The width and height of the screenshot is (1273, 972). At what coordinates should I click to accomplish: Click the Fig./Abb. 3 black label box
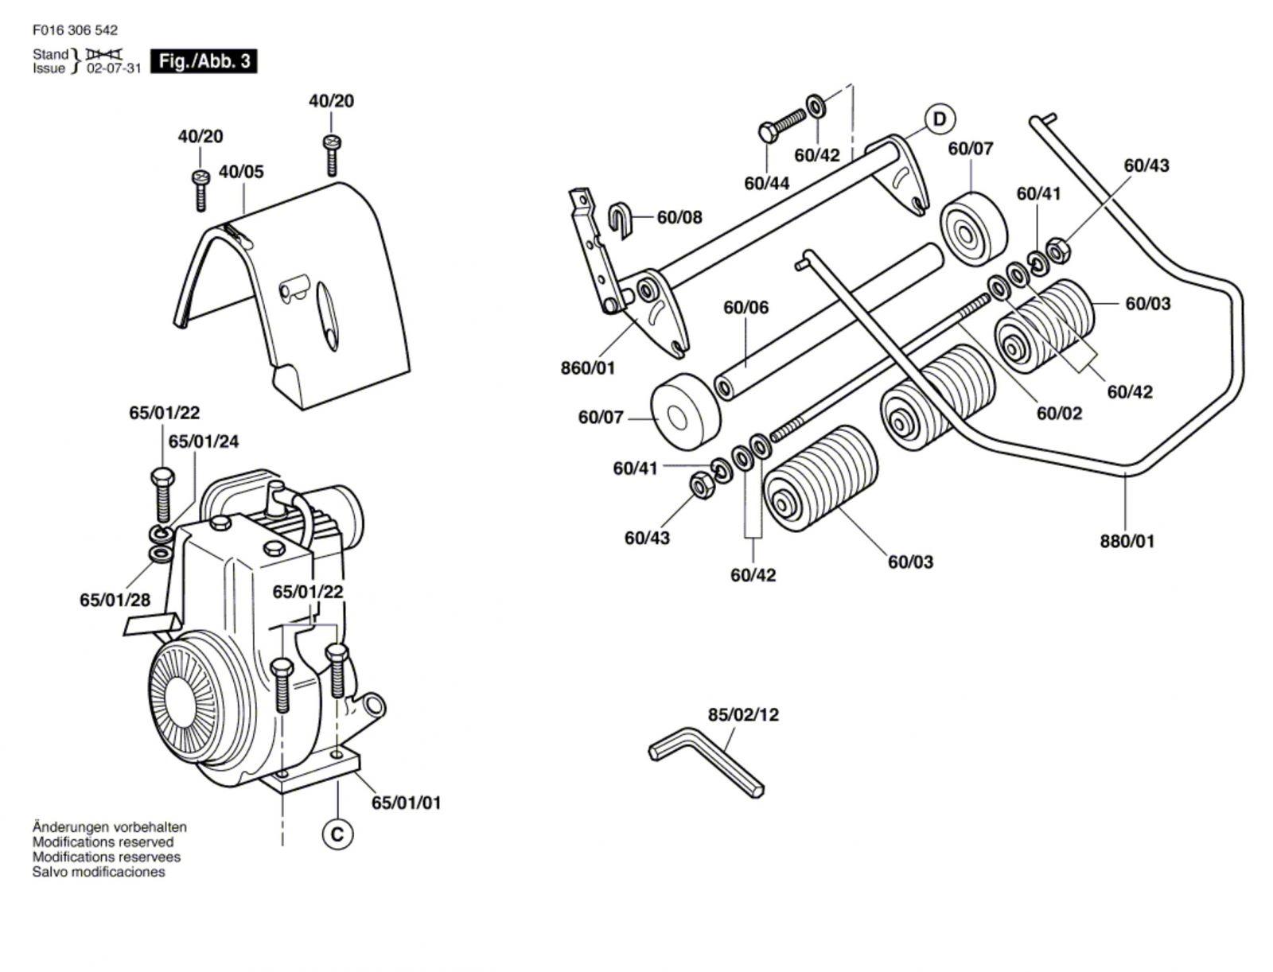click(204, 61)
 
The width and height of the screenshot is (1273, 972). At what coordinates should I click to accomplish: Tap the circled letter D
click(940, 119)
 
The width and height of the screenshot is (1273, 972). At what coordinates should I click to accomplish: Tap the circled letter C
click(337, 834)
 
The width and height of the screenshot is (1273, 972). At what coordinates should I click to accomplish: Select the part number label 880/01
click(1127, 541)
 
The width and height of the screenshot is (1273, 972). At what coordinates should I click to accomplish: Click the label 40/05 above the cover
click(241, 172)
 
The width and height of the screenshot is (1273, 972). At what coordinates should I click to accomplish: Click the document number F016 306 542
click(75, 30)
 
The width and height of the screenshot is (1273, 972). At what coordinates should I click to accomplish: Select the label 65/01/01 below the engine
click(406, 803)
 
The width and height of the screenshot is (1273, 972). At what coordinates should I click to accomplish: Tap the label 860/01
click(587, 368)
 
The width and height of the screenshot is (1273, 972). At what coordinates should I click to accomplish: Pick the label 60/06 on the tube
click(746, 307)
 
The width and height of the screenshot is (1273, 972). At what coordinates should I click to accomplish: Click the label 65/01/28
click(115, 600)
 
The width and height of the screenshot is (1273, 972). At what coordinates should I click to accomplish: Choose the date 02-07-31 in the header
click(113, 68)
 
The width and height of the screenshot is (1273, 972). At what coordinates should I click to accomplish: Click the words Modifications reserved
click(103, 842)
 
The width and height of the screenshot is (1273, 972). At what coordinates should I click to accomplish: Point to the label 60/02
click(1059, 413)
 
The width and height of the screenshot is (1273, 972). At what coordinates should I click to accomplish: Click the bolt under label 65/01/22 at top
click(162, 496)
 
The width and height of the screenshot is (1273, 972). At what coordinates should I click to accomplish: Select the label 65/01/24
click(204, 441)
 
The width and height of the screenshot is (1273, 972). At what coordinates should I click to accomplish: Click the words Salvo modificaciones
click(99, 872)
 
